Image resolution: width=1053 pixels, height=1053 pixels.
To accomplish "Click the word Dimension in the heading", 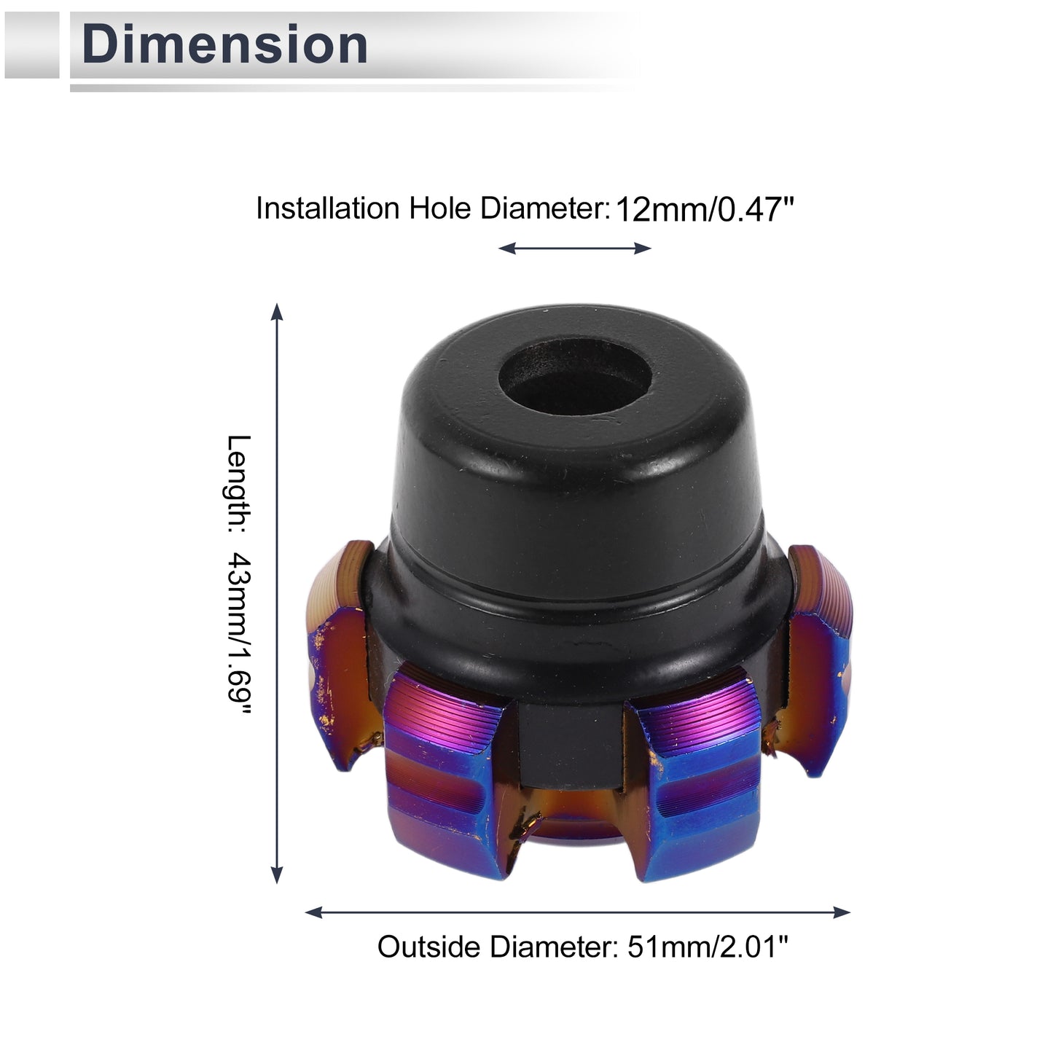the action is click(224, 44).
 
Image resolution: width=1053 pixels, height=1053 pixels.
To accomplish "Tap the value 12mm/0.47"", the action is click(705, 210).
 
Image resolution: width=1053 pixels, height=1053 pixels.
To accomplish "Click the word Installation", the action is click(328, 208).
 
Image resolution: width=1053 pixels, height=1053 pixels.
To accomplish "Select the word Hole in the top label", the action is click(441, 208).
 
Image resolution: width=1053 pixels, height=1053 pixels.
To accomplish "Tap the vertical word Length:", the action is click(239, 484).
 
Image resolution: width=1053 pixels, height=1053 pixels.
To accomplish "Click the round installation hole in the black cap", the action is click(576, 379).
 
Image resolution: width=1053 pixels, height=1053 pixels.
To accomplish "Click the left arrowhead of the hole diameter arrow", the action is click(506, 248).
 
